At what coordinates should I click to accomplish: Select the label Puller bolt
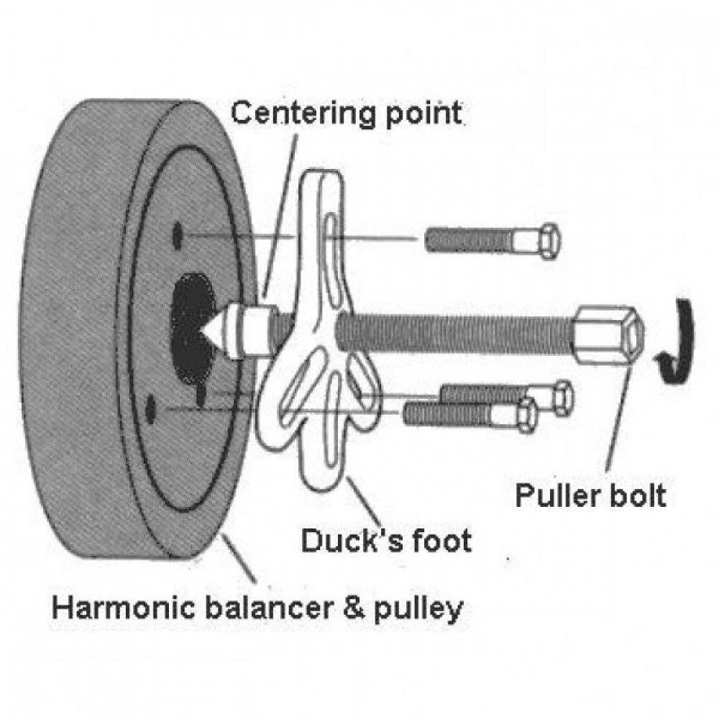590,495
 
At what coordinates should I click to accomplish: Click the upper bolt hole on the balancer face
177,235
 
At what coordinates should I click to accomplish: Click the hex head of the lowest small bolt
527,416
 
